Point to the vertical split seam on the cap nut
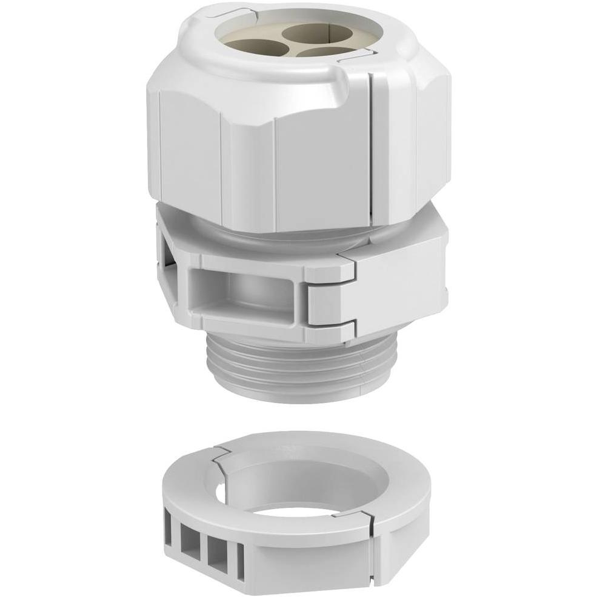point(371,152)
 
